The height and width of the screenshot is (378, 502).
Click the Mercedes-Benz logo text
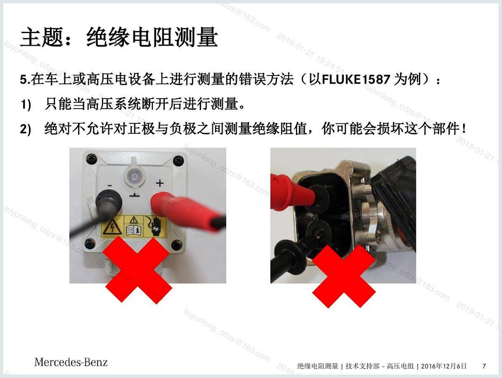click(x=71, y=362)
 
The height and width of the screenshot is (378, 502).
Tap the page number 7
click(x=484, y=366)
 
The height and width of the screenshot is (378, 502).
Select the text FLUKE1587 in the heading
click(x=356, y=79)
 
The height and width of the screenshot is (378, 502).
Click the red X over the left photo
click(x=137, y=269)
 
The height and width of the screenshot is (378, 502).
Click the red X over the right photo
click(x=343, y=276)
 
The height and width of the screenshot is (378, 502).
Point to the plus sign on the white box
click(x=159, y=183)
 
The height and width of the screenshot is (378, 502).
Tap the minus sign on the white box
click(x=110, y=185)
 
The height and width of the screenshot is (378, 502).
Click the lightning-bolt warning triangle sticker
click(x=111, y=227)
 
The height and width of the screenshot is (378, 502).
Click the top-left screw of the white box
click(x=91, y=158)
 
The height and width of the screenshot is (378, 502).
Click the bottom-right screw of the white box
click(x=176, y=245)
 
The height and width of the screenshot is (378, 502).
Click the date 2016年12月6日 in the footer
click(x=444, y=366)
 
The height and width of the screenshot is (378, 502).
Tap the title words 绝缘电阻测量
click(x=152, y=37)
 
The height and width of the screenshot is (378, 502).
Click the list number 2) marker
click(x=26, y=129)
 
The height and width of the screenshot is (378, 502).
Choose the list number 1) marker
click(x=26, y=104)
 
